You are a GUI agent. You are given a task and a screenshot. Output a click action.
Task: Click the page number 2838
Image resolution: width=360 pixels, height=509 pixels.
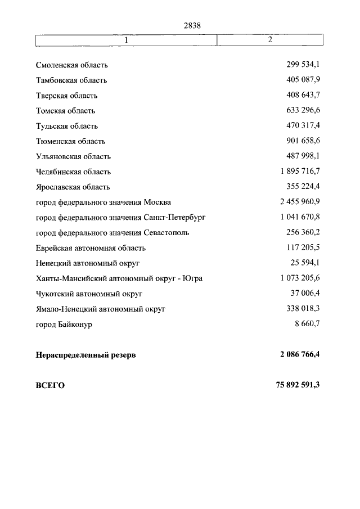click(192, 25)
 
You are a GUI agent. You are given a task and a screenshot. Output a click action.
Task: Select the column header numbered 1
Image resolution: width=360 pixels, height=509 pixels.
click(127, 40)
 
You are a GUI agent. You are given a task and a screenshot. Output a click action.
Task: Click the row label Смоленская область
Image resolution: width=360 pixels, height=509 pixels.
click(72, 65)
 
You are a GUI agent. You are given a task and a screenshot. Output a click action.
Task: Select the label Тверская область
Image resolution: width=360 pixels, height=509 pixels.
click(67, 96)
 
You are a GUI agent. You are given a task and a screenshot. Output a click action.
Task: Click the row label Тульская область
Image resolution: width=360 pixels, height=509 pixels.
click(67, 126)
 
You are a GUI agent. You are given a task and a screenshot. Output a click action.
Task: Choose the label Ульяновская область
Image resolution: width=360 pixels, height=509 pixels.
click(73, 156)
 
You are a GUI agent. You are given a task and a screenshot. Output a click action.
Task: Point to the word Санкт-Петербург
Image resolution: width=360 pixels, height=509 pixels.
click(175, 217)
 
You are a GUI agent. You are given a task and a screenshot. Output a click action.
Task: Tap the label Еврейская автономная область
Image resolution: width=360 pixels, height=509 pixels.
click(91, 247)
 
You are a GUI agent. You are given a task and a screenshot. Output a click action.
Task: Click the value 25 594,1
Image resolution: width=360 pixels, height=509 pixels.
click(305, 263)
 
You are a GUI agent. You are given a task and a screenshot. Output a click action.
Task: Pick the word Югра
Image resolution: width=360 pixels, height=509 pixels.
click(192, 278)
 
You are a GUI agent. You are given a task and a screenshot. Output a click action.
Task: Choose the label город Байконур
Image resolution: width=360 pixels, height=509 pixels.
click(64, 325)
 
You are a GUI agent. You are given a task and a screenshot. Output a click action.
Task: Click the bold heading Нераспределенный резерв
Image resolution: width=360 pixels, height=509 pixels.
click(86, 355)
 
